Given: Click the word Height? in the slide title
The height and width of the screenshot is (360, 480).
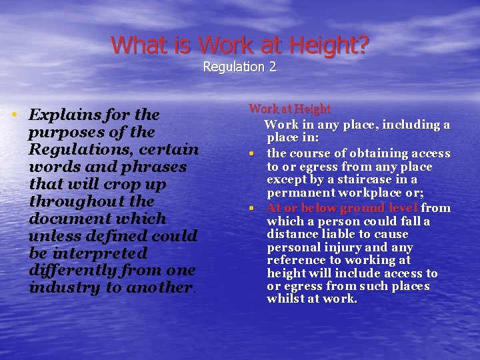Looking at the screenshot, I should [331, 45].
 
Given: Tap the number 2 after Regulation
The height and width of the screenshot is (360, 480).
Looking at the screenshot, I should [272, 67].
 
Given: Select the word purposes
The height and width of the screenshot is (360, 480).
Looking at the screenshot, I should [64, 132].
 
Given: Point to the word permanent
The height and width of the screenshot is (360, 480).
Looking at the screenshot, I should [297, 193].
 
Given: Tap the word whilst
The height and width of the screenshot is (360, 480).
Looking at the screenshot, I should [284, 299].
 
